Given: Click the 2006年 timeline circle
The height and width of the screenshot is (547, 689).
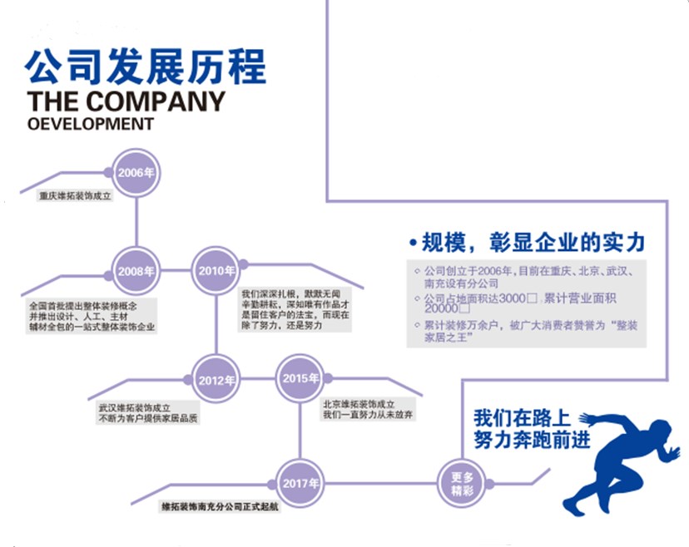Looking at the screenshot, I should (x=136, y=173).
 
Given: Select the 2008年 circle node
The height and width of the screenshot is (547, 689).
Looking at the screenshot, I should (x=136, y=272).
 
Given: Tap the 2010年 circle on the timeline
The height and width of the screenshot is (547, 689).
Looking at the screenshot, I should (x=217, y=271).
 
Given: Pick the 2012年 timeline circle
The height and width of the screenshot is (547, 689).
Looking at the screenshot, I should (x=217, y=380).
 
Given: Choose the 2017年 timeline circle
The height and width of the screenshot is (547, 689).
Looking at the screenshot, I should (x=300, y=483).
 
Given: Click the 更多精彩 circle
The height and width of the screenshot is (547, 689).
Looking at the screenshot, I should (x=462, y=483).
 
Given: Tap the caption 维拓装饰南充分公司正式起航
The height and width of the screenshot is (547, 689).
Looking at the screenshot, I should (x=221, y=505).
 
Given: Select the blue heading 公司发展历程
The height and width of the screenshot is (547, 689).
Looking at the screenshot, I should (x=146, y=67).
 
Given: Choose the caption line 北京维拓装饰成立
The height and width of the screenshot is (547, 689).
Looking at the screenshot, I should (x=362, y=404).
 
